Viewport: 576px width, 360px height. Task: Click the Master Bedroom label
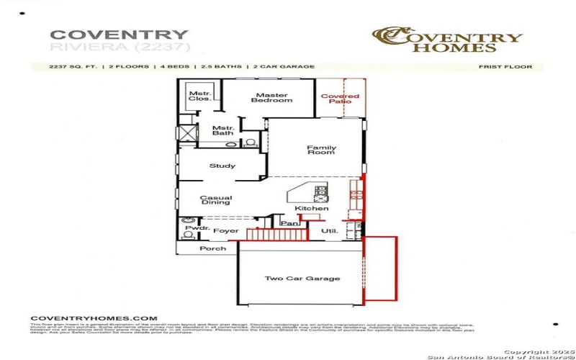tap(271, 98)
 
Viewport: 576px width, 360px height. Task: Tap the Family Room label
tap(321, 150)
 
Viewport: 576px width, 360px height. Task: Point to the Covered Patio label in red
tap(340, 99)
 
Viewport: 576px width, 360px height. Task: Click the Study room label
tap(222, 166)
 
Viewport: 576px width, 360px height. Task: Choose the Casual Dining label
tap(216, 201)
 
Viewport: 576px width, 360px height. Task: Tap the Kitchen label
tap(312, 209)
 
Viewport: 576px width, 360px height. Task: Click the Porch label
tap(212, 248)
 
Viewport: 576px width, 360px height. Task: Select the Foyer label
tap(225, 231)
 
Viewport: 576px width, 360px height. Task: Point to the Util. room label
tap(329, 231)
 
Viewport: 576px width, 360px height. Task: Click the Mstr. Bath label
tap(222, 130)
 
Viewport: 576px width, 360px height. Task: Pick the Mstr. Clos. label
tap(199, 96)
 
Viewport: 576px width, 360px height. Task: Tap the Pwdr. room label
tap(197, 228)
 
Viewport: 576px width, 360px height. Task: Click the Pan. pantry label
tap(289, 224)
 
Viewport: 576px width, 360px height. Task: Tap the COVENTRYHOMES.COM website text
tap(94, 318)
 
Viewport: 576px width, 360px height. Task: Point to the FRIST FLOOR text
tap(505, 67)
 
